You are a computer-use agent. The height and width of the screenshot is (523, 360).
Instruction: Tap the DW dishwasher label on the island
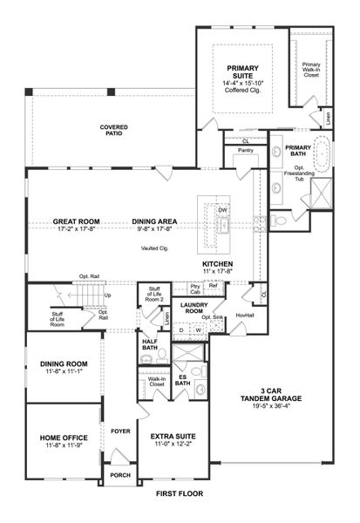click(222, 210)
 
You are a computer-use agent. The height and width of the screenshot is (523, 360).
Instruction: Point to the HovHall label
click(245, 316)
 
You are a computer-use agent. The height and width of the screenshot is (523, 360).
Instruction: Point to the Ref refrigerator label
click(213, 285)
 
